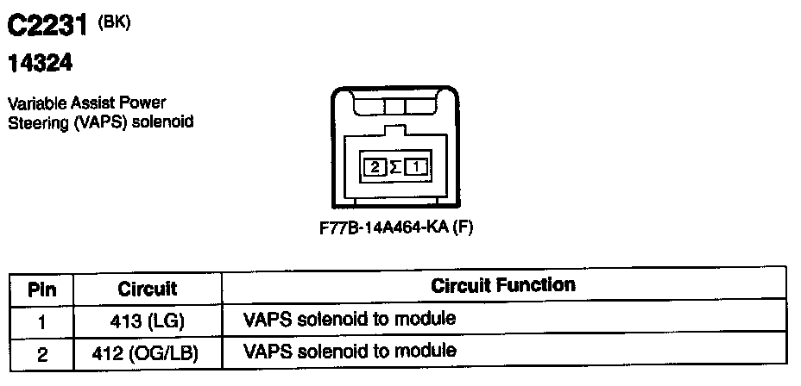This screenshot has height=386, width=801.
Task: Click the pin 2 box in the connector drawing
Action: pyautogui.click(x=374, y=167)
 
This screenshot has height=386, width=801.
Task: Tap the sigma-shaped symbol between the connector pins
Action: pyautogui.click(x=394, y=167)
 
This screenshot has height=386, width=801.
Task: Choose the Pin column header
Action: pyautogui.click(x=41, y=289)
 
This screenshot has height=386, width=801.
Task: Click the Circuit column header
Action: pyautogui.click(x=147, y=289)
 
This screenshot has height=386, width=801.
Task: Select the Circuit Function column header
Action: pyautogui.click(x=502, y=285)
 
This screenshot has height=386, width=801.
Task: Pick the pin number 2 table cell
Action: pyautogui.click(x=41, y=352)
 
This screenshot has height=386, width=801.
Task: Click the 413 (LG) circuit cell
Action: pyautogui.click(x=147, y=321)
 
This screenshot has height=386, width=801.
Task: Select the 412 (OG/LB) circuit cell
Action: pyautogui.click(x=147, y=352)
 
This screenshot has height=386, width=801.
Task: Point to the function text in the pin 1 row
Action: pyautogui.click(x=350, y=320)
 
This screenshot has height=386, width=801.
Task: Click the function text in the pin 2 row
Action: pyautogui.click(x=350, y=351)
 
